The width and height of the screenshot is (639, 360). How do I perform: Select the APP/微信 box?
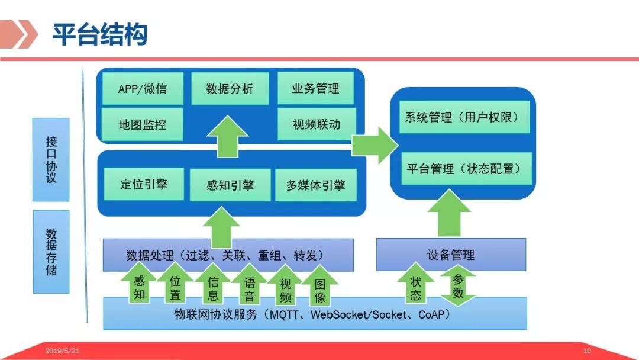coord(142,89)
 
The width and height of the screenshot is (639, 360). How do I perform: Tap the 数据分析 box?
coord(230,89)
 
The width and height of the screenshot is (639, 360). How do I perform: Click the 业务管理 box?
coord(315,89)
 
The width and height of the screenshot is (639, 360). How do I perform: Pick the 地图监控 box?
coord(142,124)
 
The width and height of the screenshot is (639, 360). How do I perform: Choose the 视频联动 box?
coord(316,124)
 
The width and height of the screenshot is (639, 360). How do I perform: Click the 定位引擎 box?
coord(144,184)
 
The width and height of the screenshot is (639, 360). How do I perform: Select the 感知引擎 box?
coord(230,185)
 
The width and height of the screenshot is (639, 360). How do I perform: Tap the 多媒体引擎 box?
coord(315,185)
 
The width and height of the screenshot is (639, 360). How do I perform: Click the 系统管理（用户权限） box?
coord(461,117)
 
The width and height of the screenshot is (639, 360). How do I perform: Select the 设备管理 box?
coord(451,255)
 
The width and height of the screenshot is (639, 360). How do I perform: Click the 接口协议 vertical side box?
coord(51,159)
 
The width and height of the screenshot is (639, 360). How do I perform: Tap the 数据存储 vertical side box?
coord(51,252)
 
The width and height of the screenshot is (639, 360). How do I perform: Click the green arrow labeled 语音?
coord(250,287)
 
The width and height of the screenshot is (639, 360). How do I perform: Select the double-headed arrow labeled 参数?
coord(457,286)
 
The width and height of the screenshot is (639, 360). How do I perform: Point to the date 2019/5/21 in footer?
coord(62,351)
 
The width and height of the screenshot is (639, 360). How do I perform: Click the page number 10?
coord(587,351)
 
